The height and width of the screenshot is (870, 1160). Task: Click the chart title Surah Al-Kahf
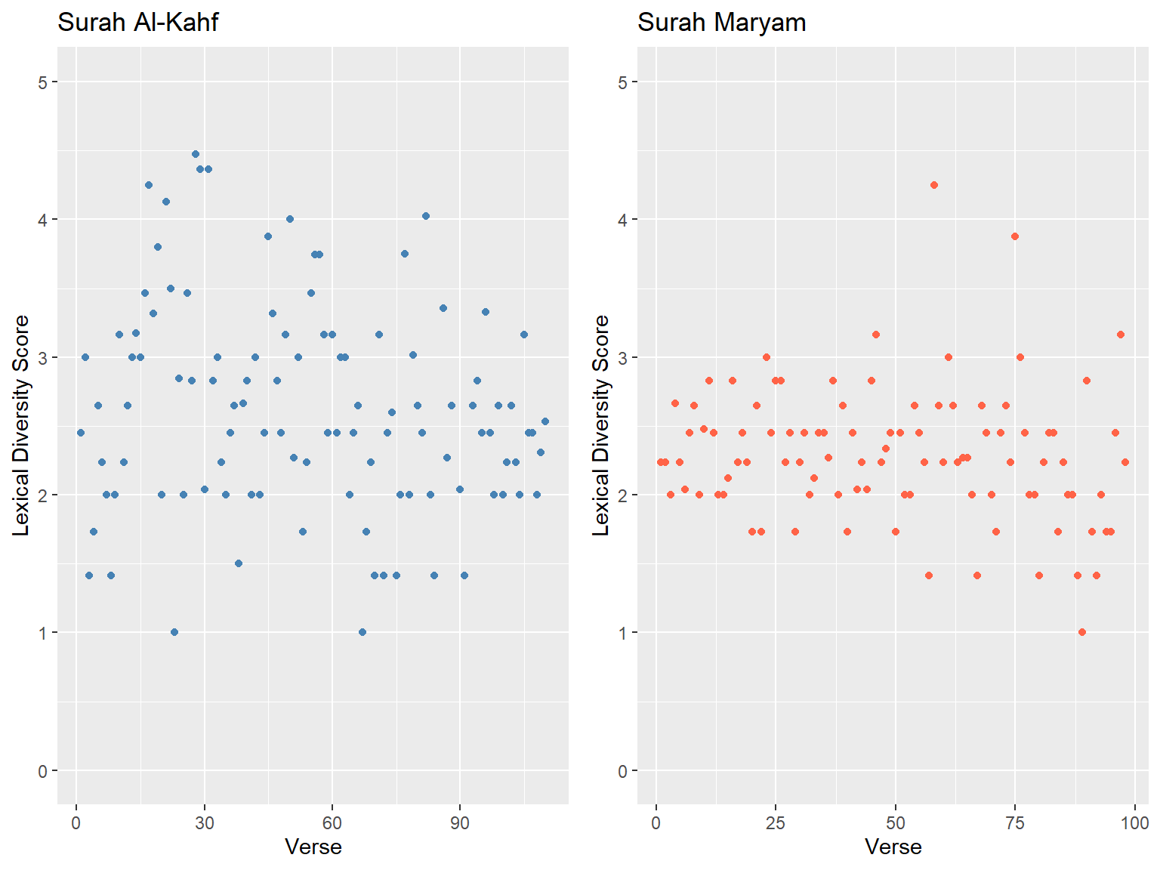click(x=137, y=23)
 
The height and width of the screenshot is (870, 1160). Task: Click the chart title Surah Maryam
click(x=721, y=23)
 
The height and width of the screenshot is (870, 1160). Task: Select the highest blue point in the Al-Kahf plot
click(x=196, y=154)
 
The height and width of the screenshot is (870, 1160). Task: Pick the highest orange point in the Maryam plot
click(x=934, y=185)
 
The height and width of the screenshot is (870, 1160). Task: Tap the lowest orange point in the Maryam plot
click(x=1082, y=632)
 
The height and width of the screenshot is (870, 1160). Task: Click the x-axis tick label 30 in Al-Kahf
click(x=204, y=823)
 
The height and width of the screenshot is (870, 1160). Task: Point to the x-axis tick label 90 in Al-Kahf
click(x=460, y=823)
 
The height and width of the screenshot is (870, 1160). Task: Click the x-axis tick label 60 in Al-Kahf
click(x=332, y=823)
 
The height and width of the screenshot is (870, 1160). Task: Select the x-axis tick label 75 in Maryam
click(x=1014, y=823)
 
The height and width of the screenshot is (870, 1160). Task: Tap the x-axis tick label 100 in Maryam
click(x=1134, y=823)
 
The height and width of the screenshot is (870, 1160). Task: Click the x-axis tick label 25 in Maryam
click(x=776, y=823)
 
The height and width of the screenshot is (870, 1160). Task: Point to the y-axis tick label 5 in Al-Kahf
click(x=43, y=82)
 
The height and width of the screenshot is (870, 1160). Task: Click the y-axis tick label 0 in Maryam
click(x=623, y=771)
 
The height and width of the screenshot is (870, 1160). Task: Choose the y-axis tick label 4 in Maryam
click(x=623, y=220)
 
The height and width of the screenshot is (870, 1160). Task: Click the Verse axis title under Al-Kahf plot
click(x=313, y=847)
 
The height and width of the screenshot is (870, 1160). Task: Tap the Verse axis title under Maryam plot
click(x=893, y=847)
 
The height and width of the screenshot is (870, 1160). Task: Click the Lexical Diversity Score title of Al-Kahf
click(x=21, y=426)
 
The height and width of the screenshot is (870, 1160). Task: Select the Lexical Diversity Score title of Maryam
click(x=601, y=426)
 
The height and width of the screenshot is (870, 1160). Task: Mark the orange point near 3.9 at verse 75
click(x=1015, y=236)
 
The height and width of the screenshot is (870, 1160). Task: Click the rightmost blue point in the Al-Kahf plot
click(x=545, y=421)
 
